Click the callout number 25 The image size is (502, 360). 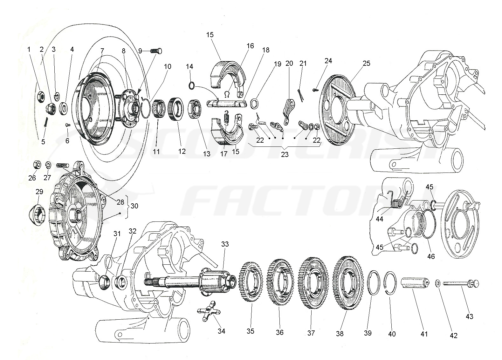point(366,63)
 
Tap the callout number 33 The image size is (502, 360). point(225,244)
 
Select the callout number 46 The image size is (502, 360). point(431,256)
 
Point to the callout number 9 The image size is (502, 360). point(140,51)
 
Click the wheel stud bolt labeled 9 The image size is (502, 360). point(156,51)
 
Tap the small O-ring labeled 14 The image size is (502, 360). point(191,86)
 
